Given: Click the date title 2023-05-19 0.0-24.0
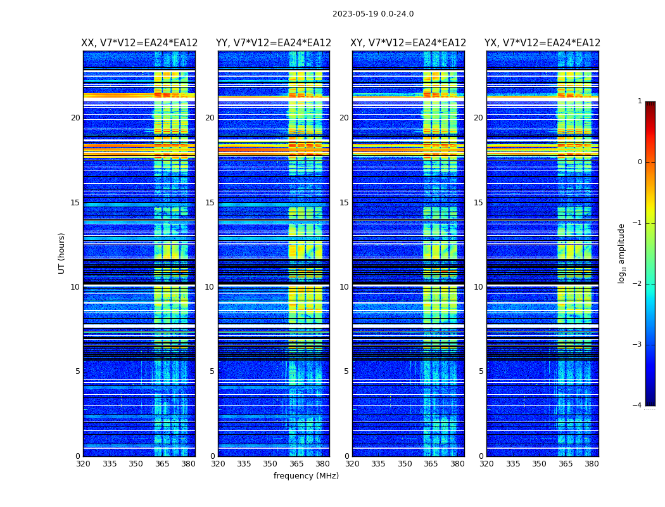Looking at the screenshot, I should point(373,14).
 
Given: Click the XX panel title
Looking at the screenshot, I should point(139,43).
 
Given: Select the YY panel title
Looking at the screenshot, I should point(274,43).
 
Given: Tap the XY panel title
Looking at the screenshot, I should point(408,43).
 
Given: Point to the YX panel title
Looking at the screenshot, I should point(542,43).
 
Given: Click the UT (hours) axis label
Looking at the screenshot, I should point(62,253).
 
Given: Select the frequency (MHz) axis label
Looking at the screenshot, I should point(306,476).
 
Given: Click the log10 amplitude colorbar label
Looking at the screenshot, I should point(622,253).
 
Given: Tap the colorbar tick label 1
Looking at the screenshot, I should point(640,101).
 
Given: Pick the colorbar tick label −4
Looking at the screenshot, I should point(638,406).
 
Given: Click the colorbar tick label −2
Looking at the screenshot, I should point(638,284).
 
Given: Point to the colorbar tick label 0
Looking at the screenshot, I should point(640,162).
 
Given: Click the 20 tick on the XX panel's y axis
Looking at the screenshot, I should point(75,118).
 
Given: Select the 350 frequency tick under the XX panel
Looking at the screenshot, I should point(136,464).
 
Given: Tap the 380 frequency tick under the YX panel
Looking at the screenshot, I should point(592,464).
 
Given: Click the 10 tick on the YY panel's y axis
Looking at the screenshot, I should point(210,287).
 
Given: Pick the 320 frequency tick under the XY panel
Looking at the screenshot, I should point(353,464).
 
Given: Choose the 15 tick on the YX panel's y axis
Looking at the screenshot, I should point(478,203).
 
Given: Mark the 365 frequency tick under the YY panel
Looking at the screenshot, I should point(296,464).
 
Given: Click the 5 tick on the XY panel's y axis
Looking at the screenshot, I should point(346,371).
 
